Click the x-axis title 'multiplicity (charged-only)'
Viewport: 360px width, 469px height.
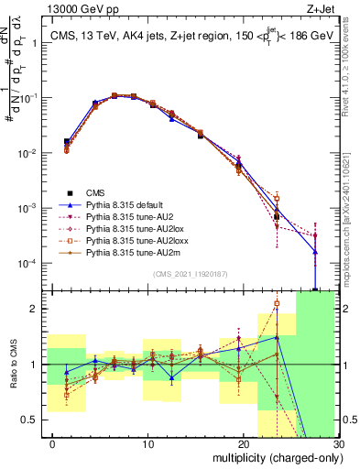pos(272,458)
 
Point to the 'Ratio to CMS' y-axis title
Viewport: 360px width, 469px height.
pos(13,365)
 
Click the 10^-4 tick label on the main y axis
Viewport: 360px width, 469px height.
pos(35,264)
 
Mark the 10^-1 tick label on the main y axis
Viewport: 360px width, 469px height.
pos(35,98)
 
